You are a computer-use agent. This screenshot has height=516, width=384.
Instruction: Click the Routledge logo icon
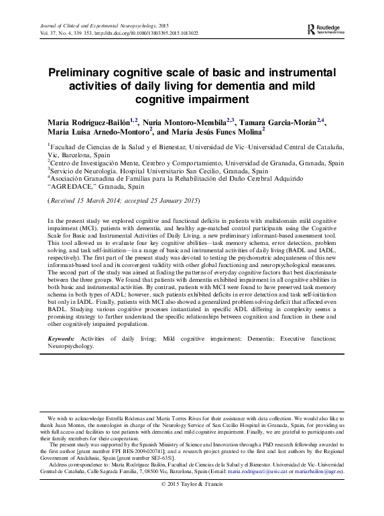[311, 29]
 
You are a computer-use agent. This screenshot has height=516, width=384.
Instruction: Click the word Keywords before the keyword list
[62, 339]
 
